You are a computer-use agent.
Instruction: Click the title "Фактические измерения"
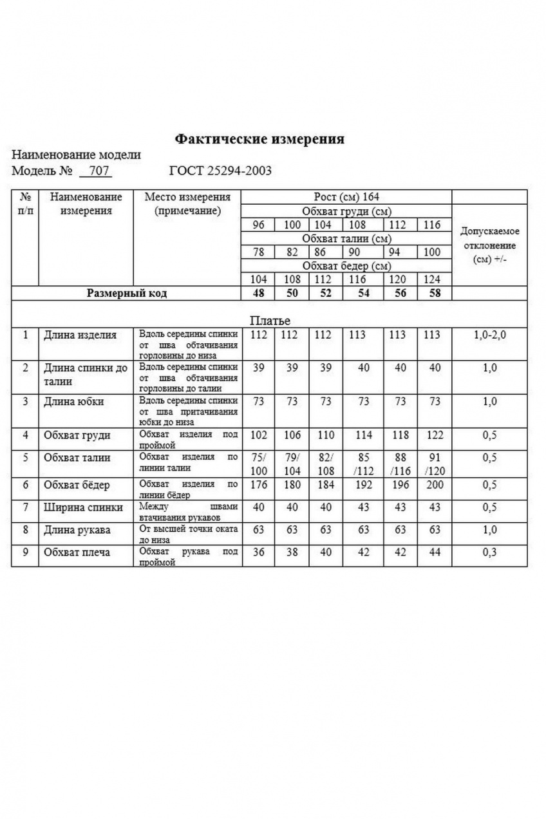click(x=259, y=139)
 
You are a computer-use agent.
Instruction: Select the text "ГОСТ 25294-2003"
click(x=220, y=171)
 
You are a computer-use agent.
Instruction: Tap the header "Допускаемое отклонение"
click(x=490, y=245)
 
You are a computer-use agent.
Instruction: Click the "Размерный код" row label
click(x=127, y=294)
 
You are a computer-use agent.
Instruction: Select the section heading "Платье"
click(x=269, y=320)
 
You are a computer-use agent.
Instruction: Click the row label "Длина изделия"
click(x=80, y=335)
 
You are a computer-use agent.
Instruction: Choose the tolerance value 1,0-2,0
click(x=490, y=335)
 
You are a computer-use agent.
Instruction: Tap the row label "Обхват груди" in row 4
click(x=77, y=435)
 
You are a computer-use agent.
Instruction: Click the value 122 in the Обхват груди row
click(x=435, y=435)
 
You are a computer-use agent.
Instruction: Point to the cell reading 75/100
click(x=258, y=464)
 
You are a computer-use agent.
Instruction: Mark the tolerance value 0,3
click(x=490, y=552)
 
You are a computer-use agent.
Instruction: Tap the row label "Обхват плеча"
click(x=77, y=552)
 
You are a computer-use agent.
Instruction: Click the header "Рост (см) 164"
click(x=346, y=197)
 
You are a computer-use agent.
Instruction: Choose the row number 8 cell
click(x=25, y=530)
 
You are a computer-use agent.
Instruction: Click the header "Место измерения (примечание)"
click(x=187, y=203)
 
